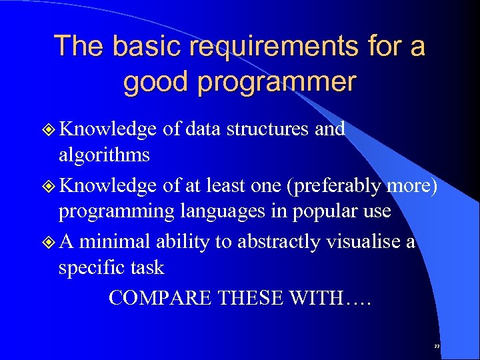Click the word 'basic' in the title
(141, 47)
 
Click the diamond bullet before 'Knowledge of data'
(50, 129)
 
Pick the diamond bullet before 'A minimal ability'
(50, 242)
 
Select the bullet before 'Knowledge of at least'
(50, 186)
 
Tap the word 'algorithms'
(104, 155)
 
